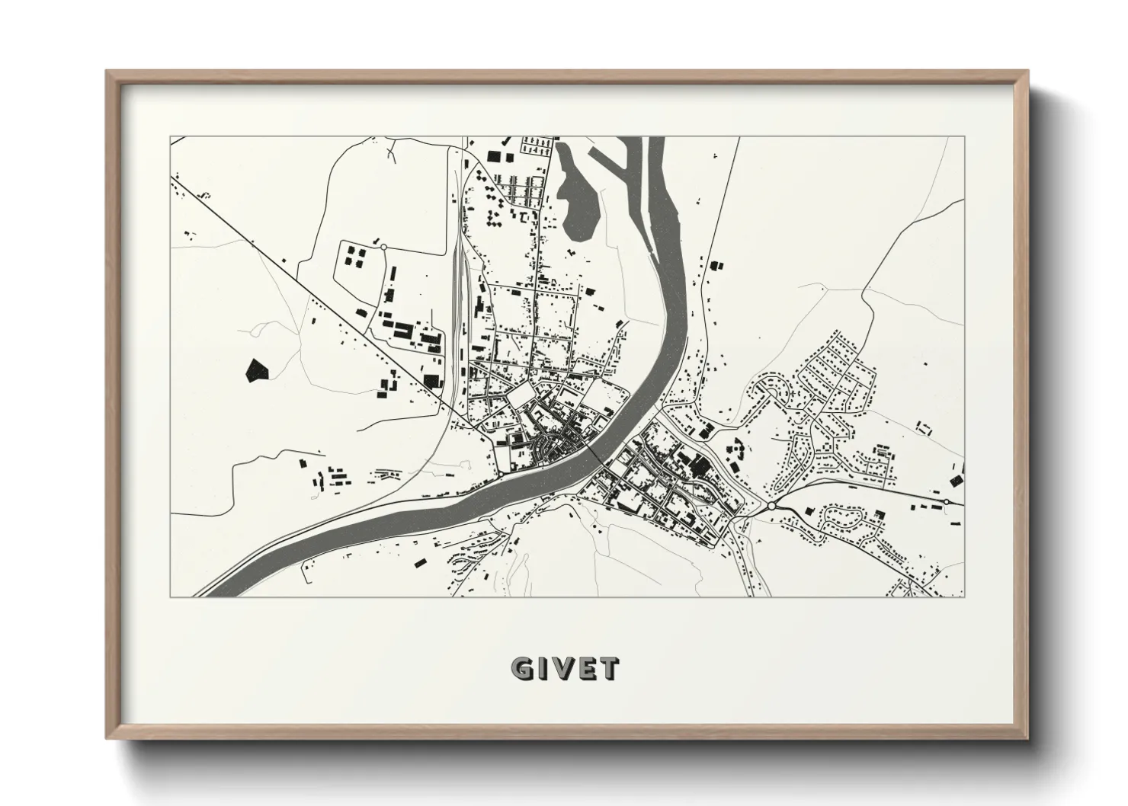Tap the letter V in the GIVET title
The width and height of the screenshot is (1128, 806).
[565, 669]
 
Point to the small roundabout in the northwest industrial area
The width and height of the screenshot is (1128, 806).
[383, 246]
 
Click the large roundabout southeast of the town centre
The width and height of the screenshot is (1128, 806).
[771, 505]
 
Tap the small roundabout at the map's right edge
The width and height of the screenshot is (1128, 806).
[946, 501]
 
